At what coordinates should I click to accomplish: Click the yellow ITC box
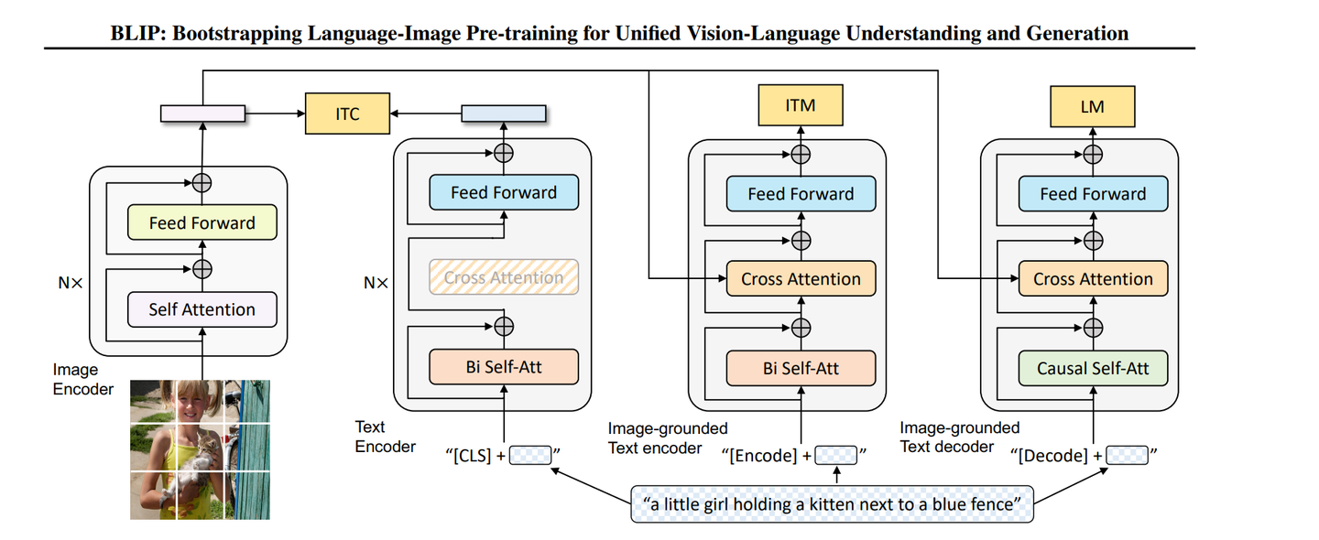point(347,114)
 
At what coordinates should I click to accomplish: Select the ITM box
point(801,106)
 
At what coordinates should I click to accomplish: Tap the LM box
point(1092,106)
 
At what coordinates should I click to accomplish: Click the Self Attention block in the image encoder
point(202,309)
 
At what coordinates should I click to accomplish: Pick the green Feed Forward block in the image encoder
point(202,222)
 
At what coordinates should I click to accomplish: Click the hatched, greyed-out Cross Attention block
point(504,277)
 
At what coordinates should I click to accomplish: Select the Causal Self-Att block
point(1092,369)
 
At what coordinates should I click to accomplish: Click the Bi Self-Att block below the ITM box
point(801,369)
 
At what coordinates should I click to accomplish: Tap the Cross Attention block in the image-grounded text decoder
point(1092,279)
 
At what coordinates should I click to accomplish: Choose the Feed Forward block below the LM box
point(1092,194)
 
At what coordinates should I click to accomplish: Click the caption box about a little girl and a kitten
point(832,503)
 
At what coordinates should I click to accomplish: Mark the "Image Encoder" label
point(82,380)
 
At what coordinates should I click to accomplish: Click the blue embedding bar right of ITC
point(503,113)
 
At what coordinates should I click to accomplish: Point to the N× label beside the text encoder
point(376,283)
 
